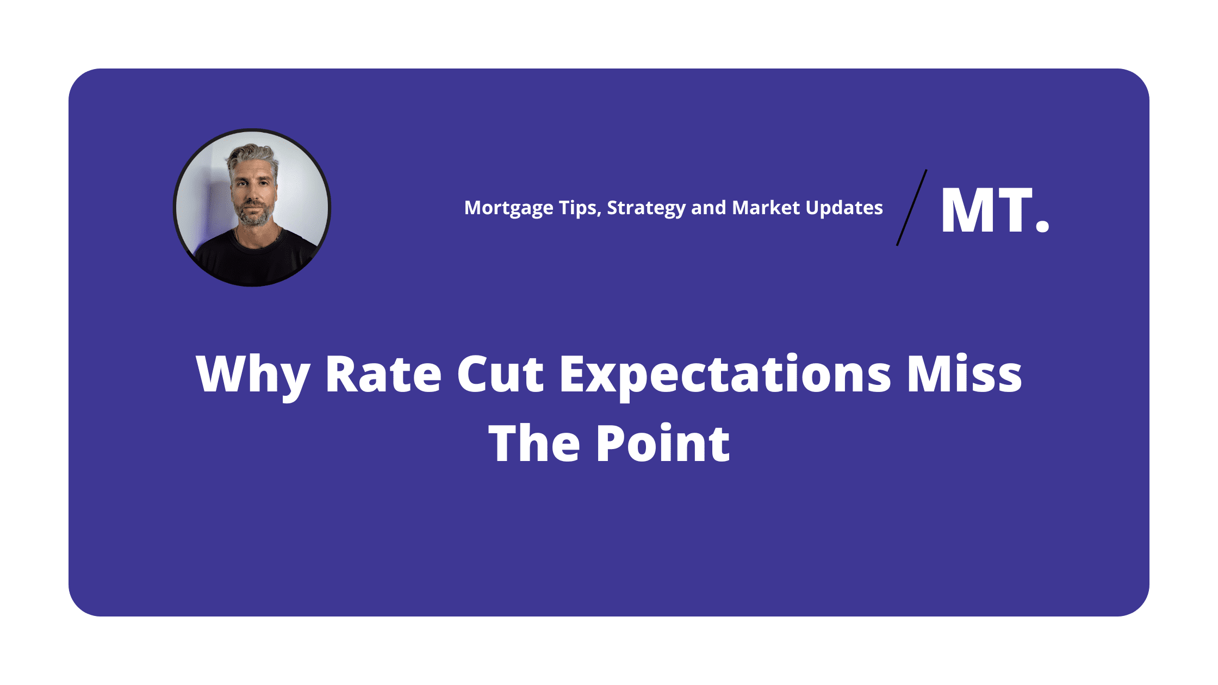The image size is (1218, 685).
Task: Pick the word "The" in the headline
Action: point(534,443)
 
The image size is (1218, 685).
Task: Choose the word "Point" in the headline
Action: point(663,443)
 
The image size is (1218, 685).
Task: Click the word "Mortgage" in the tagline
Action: point(509,209)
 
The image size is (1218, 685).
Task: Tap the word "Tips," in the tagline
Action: point(580,209)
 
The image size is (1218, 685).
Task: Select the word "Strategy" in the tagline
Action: point(646,209)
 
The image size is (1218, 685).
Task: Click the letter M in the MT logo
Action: point(967,210)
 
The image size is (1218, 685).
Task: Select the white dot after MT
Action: point(1042,226)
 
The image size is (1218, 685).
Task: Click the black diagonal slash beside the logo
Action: point(912,208)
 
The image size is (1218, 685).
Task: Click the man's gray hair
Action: point(252,157)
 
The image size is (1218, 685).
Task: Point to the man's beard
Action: point(253,215)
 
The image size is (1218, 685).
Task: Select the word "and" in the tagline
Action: point(709,208)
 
